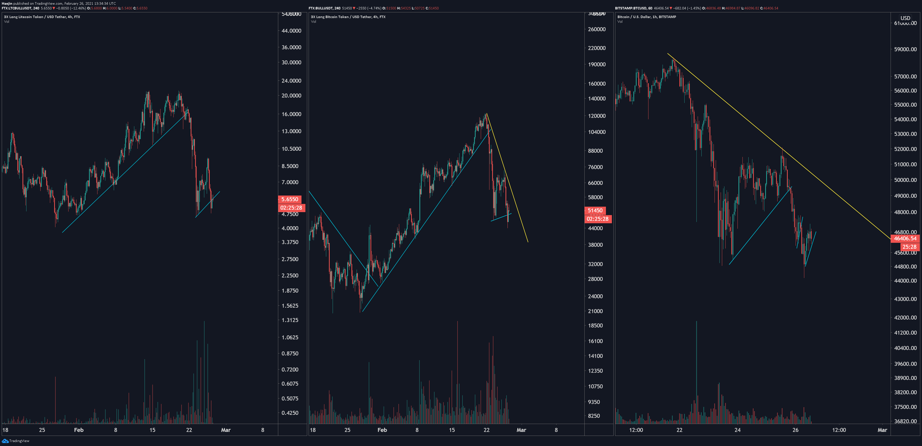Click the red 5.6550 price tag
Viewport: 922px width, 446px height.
pos(290,199)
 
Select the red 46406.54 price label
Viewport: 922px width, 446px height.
pos(905,239)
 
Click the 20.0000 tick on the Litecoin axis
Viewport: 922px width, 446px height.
pos(291,96)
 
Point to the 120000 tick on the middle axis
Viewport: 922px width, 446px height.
pos(597,116)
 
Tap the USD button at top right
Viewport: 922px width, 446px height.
pos(905,18)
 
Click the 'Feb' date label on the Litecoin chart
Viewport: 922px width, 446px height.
pos(78,430)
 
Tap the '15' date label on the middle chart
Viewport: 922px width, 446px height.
pos(452,430)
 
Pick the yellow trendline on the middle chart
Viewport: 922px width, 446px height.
pos(507,178)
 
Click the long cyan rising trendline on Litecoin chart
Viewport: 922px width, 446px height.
pos(124,174)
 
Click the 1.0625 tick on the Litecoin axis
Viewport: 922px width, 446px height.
pos(290,337)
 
